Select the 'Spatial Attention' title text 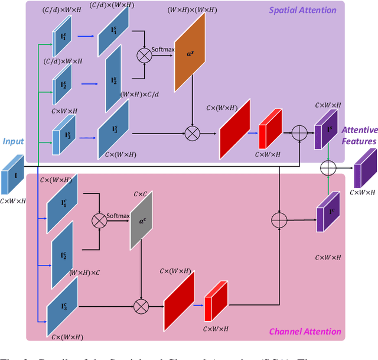pyautogui.click(x=302, y=10)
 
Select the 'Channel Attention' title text pyautogui.click(x=305, y=332)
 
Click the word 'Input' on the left pyautogui.click(x=13, y=142)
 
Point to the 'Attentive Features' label pyautogui.click(x=359, y=137)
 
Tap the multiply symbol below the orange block pyautogui.click(x=193, y=134)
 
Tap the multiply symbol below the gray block pyautogui.click(x=141, y=306)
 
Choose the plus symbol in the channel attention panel pyautogui.click(x=278, y=219)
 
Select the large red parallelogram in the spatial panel pyautogui.click(x=235, y=128)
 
